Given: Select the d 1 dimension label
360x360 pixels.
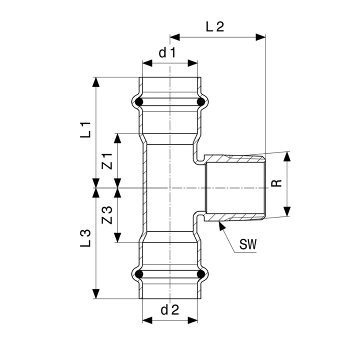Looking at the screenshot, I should pos(167,53).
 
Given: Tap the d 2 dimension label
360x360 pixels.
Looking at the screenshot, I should pos(170,310).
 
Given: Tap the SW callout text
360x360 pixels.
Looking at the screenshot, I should pos(248,244).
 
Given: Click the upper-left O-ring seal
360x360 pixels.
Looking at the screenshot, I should pos(140,102).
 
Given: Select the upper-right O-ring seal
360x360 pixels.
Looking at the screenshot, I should pos(200,102).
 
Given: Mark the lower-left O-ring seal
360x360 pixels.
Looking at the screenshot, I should pos(140,274).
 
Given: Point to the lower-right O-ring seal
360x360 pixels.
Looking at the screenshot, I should pos(200,274).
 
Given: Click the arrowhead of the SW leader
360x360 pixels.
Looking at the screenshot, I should pos(220,224).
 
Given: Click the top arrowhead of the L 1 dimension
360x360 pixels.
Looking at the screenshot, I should pos(95,80).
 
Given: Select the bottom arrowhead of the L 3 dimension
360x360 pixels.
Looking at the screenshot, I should pos(95,295).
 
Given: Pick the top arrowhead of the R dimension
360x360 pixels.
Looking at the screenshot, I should pos(287,154).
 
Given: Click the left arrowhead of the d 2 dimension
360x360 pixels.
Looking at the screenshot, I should pos(145,320).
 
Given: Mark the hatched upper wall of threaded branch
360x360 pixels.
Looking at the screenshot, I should pos(235,159).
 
